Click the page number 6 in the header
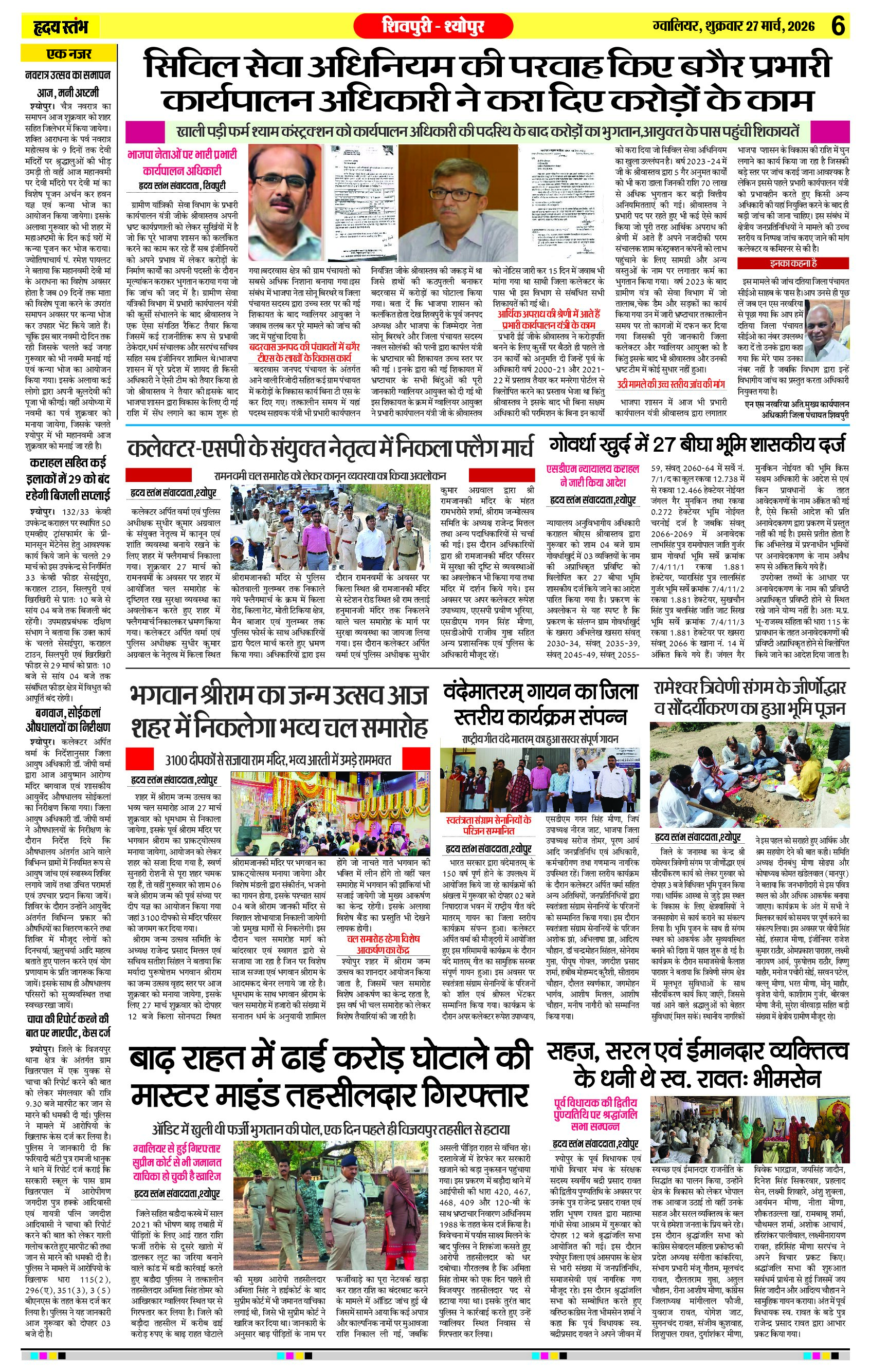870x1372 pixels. [x=838, y=26]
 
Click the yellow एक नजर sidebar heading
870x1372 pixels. [x=68, y=54]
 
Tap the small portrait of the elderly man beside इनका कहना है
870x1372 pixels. [x=827, y=331]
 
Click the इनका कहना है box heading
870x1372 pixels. [x=793, y=263]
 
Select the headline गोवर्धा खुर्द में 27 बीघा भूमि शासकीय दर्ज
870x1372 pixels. [x=697, y=444]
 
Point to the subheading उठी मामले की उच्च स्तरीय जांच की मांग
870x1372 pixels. [x=670, y=384]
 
